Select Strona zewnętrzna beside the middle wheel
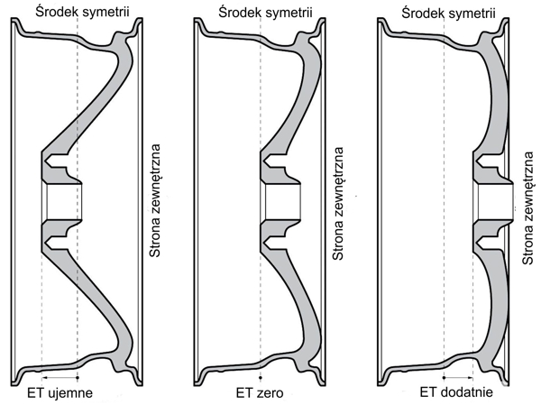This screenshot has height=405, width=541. (339, 204)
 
